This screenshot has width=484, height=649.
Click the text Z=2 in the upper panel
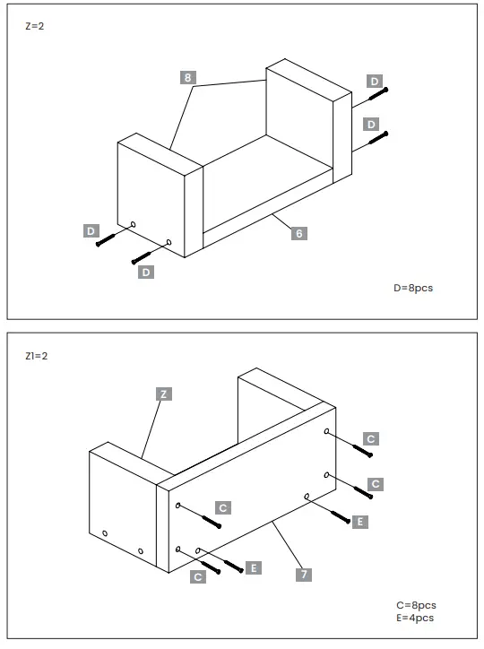coord(34,26)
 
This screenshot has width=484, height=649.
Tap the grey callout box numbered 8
coord(188,78)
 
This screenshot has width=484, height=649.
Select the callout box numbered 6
coord(299,233)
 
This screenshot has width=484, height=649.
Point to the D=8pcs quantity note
coord(413,288)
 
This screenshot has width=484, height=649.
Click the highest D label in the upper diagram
coord(375,82)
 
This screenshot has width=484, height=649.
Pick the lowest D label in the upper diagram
coord(145,272)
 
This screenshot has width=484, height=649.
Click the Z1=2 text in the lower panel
coord(37,356)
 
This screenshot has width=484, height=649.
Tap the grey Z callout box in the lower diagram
coord(162,394)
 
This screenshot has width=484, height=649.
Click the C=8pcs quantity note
coord(416,605)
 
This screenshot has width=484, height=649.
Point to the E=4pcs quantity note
coord(416,618)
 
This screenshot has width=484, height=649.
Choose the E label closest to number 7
coord(255,567)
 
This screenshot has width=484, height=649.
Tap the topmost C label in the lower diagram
coord(371,438)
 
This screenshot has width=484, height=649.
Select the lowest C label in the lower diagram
coord(198,577)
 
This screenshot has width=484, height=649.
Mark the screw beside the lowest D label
coord(143,256)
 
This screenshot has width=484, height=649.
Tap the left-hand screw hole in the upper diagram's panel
coord(133,223)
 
